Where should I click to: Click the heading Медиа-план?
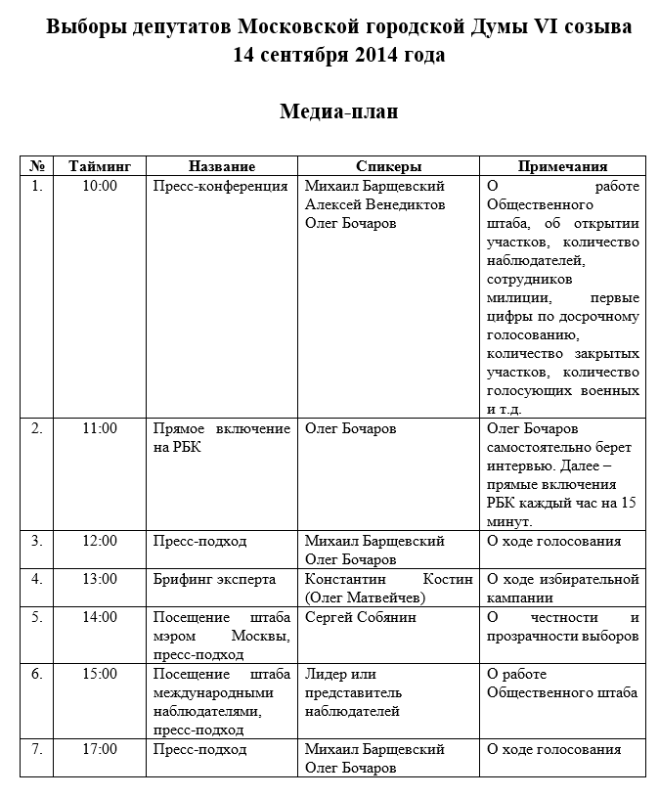(x=338, y=111)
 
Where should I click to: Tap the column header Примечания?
(x=562, y=167)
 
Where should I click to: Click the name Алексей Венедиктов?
(x=374, y=204)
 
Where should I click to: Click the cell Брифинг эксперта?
(x=214, y=578)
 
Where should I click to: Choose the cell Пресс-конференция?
(x=220, y=186)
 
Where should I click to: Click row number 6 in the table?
(x=37, y=674)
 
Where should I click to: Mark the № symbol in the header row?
(x=37, y=167)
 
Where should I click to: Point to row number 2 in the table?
(x=37, y=428)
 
